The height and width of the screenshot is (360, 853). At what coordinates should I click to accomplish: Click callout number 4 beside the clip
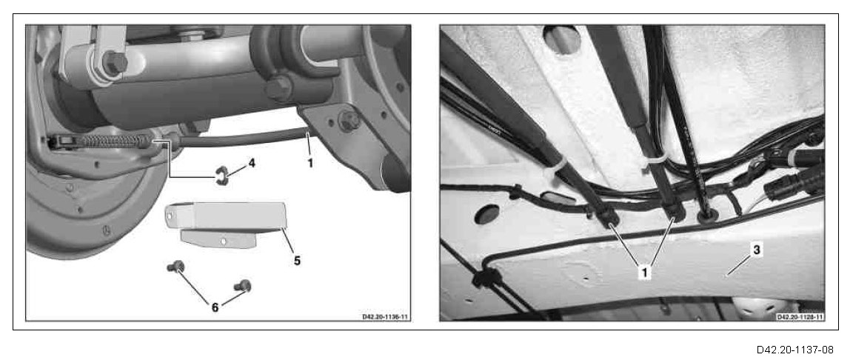point(250,163)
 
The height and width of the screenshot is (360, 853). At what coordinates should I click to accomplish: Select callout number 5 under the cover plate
point(297,261)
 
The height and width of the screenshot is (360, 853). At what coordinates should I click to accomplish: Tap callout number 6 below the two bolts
point(215,307)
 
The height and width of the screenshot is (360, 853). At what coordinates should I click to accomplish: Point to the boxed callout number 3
point(757,250)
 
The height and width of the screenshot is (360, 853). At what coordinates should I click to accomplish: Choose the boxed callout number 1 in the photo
point(644,272)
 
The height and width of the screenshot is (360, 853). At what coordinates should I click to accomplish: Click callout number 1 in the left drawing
point(310,162)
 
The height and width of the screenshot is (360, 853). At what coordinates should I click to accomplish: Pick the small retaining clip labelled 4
point(221,176)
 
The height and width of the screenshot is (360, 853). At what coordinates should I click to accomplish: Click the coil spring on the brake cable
point(112,141)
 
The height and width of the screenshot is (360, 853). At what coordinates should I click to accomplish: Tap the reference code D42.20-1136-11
point(385,316)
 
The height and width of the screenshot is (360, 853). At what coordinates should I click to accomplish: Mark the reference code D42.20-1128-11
point(800,316)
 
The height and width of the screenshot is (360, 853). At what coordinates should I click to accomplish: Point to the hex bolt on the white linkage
point(116,62)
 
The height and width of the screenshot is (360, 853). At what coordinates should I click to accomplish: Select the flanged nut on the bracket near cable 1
point(348,121)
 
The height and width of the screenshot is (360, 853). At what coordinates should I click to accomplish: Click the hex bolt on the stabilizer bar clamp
point(278,88)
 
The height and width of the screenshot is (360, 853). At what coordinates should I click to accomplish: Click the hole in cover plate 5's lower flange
point(224,239)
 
